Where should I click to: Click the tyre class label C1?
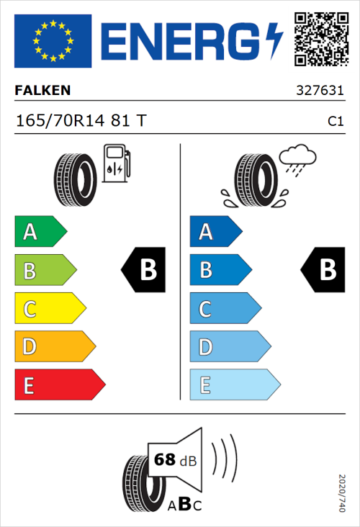[335, 122]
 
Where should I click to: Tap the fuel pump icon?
[117, 163]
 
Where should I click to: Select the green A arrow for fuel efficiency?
[40, 232]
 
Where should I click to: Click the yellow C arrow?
[49, 309]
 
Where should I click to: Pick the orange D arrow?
[54, 347]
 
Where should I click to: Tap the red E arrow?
[59, 385]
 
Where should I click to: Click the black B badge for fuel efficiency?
[143, 270]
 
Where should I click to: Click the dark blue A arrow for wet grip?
[215, 232]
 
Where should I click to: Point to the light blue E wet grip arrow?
[234, 385]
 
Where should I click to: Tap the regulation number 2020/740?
[342, 492]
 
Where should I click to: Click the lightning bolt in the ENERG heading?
[274, 40]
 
